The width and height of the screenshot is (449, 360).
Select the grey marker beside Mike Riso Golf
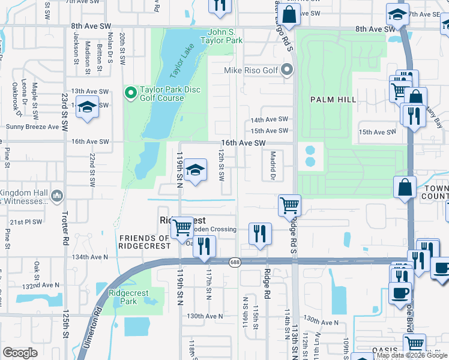pyautogui.click(x=287, y=71)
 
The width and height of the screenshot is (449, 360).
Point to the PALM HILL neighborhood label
pyautogui.click(x=333, y=99)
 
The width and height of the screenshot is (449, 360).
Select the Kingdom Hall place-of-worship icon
pyautogui.click(x=57, y=196)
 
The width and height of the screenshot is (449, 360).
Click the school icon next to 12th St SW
pyautogui.click(x=195, y=171)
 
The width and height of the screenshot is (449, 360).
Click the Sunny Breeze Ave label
pyautogui.click(x=32, y=127)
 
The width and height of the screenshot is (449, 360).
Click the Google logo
pyautogui.click(x=20, y=353)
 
